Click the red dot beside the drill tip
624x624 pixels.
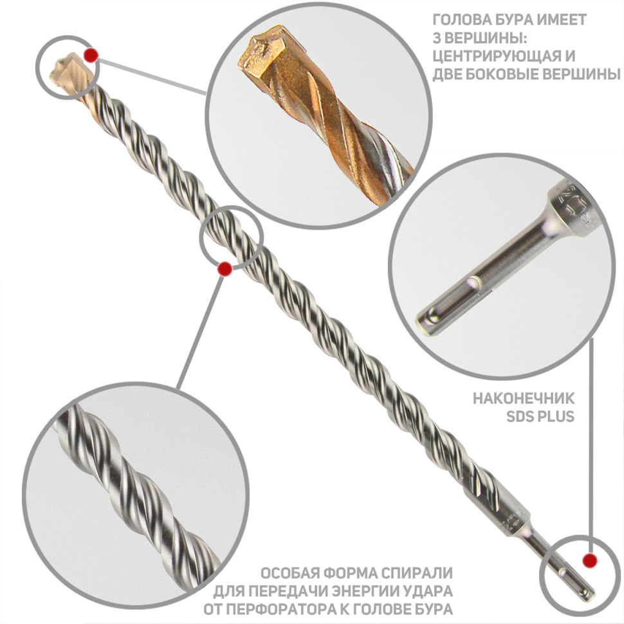(91, 55)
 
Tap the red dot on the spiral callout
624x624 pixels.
(225, 269)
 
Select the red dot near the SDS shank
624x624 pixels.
(589, 560)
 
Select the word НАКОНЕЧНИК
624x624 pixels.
(524, 398)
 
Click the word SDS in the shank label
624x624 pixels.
(520, 417)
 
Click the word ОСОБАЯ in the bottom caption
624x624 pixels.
(289, 573)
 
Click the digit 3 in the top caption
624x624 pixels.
(437, 38)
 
